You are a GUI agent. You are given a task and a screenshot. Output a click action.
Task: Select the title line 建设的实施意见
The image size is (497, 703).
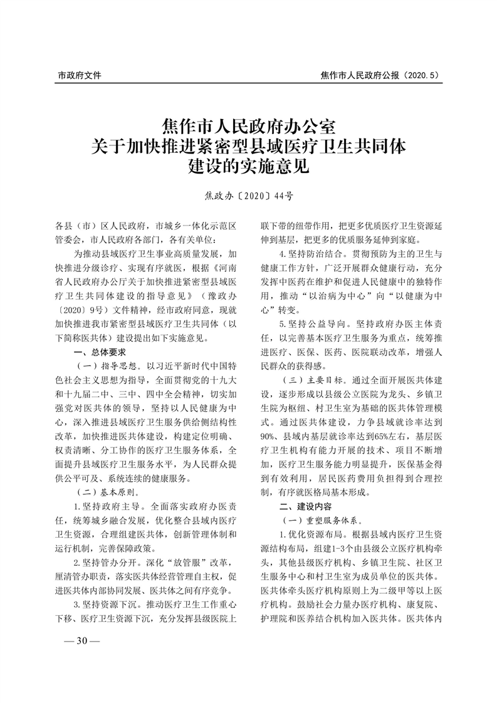(249, 167)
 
